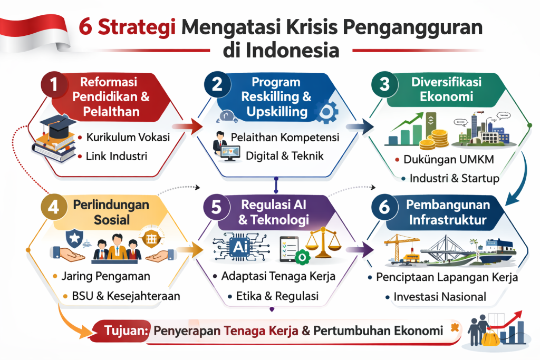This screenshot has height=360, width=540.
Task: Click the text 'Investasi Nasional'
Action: (440, 297)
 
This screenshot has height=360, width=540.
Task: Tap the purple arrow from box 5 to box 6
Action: (364, 248)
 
